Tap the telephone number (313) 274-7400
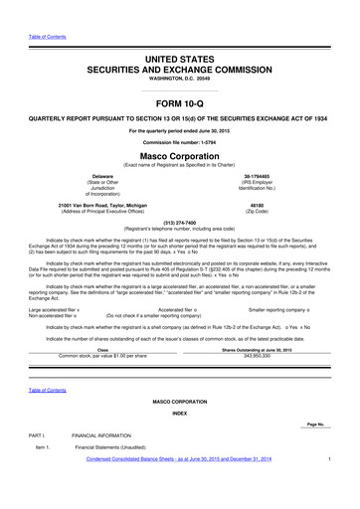(x=180, y=222)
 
